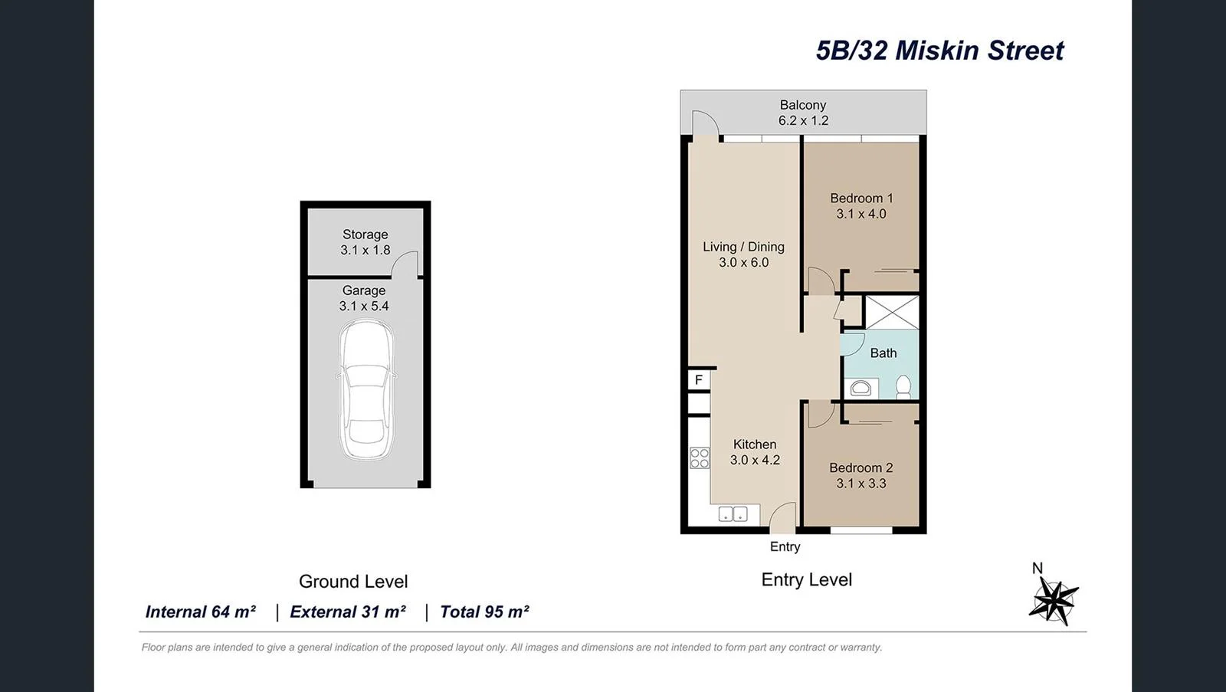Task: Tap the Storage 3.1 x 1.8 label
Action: (365, 242)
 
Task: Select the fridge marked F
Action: (699, 380)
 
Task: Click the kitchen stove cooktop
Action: (700, 458)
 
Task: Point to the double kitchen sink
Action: (733, 514)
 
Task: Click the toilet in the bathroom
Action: (903, 386)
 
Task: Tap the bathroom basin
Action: (860, 389)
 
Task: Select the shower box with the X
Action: (891, 312)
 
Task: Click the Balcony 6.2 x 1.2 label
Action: (803, 113)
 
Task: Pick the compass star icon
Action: (1054, 600)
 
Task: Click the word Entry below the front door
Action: (785, 546)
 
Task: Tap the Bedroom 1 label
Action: (861, 198)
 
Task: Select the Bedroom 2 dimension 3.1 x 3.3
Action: (861, 484)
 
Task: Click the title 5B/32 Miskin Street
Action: (939, 51)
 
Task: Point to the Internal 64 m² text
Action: (200, 612)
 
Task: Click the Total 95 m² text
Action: (484, 612)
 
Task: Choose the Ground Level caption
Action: (353, 582)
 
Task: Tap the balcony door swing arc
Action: (706, 123)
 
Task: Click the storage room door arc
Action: (405, 263)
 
